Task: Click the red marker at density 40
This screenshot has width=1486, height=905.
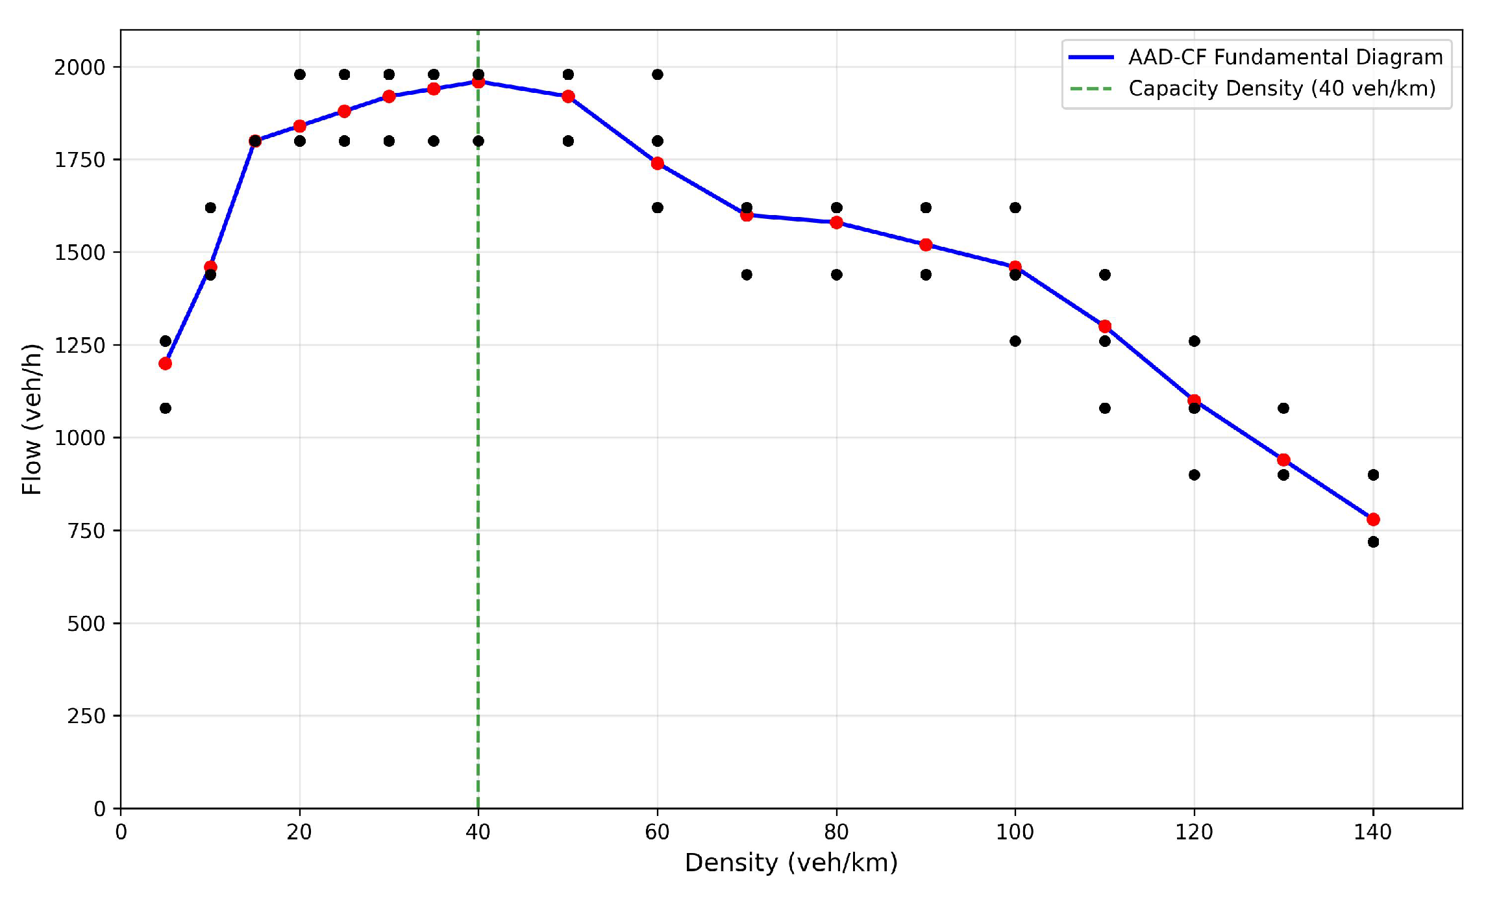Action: [478, 82]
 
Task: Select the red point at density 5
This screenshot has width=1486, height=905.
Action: [166, 364]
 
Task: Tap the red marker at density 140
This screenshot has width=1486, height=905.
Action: [1373, 520]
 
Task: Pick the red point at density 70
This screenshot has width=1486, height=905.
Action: [747, 215]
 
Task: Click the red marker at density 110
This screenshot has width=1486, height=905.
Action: [1105, 326]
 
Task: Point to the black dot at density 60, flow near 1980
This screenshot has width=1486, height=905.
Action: [658, 75]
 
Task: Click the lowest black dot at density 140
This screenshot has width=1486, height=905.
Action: [1373, 542]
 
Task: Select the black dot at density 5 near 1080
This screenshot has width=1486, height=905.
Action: [166, 408]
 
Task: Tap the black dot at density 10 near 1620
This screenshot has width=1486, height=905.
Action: [210, 208]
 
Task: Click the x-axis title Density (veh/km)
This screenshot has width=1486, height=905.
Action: [791, 863]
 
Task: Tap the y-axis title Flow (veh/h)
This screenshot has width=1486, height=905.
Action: [32, 420]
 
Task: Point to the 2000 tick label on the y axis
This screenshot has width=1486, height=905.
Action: [79, 68]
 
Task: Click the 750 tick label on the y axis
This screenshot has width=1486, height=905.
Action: [86, 531]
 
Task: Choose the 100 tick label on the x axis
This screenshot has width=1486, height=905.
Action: [1015, 832]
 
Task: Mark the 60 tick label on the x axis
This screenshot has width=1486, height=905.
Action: [657, 832]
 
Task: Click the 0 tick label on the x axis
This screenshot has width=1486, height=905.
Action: [121, 832]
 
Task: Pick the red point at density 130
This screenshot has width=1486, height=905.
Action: [1283, 460]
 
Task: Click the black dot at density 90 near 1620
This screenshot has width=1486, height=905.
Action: [926, 208]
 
